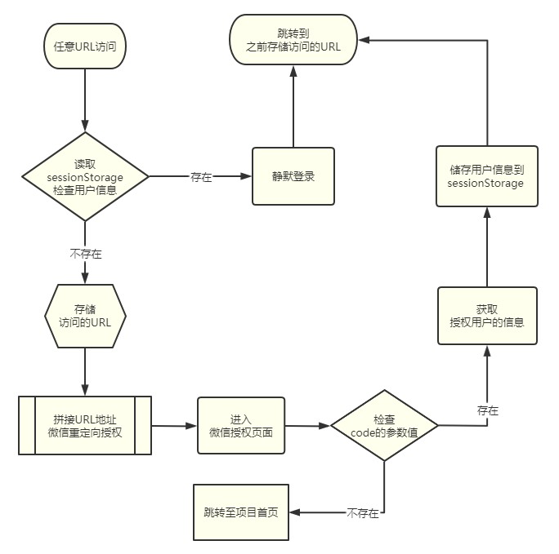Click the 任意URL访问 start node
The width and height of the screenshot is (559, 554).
(x=84, y=46)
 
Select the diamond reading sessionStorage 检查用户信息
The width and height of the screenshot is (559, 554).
(x=85, y=176)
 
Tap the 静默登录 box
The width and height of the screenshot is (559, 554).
(x=293, y=176)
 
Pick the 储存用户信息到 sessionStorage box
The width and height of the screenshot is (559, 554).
(x=485, y=176)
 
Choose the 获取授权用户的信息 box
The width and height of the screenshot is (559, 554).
(x=487, y=316)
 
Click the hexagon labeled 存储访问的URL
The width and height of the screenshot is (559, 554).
(x=85, y=315)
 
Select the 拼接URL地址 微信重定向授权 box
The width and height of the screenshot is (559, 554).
(x=85, y=425)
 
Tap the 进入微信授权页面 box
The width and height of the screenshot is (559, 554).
(x=240, y=425)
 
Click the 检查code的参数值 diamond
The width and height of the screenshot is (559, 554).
(x=384, y=425)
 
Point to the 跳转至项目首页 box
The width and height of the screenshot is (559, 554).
(x=241, y=512)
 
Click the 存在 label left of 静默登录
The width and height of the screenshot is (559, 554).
(x=201, y=176)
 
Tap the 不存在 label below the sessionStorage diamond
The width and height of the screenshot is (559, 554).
(x=86, y=254)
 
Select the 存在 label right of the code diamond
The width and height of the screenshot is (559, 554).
(x=488, y=409)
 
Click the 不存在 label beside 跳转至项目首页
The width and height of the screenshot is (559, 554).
(x=363, y=513)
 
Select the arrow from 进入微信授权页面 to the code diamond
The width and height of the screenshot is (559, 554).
(x=307, y=425)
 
